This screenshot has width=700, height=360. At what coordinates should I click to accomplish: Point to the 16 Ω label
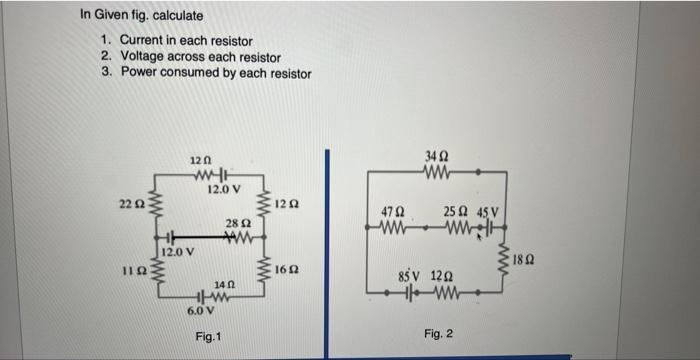pyautogui.click(x=285, y=270)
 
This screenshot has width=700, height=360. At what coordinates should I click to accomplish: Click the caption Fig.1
pyautogui.click(x=209, y=337)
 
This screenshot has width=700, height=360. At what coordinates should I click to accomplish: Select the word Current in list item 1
pyautogui.click(x=144, y=40)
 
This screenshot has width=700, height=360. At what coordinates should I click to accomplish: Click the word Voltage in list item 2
pyautogui.click(x=144, y=57)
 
